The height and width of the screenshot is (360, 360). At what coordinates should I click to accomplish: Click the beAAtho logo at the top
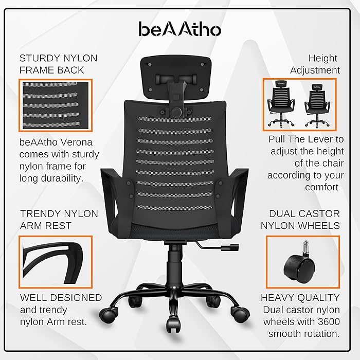(179, 29)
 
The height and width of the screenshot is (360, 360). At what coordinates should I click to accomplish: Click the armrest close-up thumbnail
(55, 262)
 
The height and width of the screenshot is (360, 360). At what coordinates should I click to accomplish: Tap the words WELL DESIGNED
(61, 298)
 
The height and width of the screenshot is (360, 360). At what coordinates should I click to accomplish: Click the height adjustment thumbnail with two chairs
(299, 104)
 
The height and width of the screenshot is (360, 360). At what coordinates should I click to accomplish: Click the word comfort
(321, 187)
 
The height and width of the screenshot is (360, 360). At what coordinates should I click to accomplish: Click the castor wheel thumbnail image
(303, 262)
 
